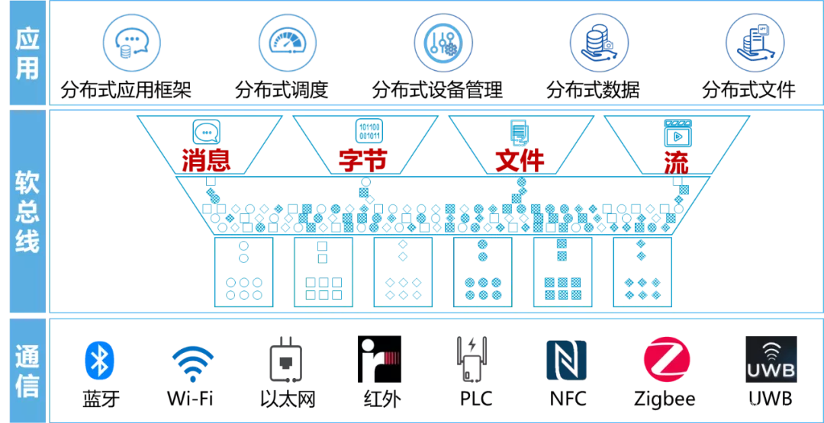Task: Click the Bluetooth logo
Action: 100,361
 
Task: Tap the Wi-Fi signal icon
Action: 192,363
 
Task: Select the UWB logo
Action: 771,359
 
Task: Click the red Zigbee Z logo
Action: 667,360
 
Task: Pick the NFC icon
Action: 566,360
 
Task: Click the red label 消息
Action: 206,160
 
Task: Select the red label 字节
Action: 363,160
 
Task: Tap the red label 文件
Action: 520,160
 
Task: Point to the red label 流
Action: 677,160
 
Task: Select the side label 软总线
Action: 27,211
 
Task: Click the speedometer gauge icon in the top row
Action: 287,43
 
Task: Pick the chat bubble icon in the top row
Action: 132,43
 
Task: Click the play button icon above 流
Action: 677,133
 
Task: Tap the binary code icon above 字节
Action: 369,131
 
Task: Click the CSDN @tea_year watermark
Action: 755,408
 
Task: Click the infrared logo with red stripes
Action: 380,361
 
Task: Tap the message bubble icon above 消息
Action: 206,132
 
